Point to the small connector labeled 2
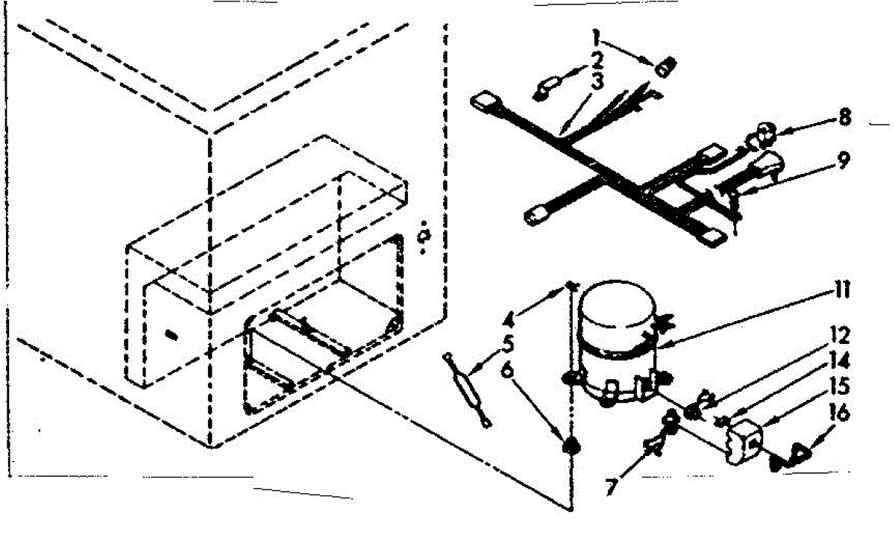pos(543,89)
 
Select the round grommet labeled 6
pos(571,445)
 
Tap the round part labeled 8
pos(764,134)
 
